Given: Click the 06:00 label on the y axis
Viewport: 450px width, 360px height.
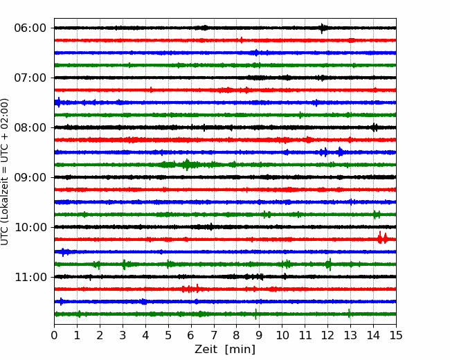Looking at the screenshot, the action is [30, 28].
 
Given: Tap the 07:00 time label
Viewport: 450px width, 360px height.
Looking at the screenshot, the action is [30, 78].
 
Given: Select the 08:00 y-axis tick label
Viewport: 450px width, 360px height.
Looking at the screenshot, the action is [30, 127].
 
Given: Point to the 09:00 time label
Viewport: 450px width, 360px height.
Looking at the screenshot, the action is [30, 177].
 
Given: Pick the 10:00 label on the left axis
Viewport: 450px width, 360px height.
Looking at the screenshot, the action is [30, 227].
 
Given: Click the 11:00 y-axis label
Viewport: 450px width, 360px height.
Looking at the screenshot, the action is [30, 277].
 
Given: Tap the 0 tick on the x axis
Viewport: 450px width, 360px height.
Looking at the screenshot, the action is [54, 335].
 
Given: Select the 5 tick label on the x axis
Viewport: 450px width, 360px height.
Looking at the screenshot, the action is [168, 335].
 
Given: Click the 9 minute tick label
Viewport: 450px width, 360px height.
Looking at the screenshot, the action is [260, 335].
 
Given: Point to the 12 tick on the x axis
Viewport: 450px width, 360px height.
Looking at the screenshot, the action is [327, 335].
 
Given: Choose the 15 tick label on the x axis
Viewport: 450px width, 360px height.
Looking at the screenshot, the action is [396, 335].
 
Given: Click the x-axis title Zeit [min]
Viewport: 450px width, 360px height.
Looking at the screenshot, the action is [225, 350].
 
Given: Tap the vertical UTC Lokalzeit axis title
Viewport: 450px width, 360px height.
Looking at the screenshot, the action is [5, 172].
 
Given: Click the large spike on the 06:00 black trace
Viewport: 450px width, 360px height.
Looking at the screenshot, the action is [323, 28].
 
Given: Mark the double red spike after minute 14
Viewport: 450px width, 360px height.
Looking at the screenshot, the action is [382, 238].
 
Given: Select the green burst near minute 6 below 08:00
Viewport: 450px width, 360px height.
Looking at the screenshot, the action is [187, 165].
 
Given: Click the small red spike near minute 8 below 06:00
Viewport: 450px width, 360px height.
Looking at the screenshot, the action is [242, 40].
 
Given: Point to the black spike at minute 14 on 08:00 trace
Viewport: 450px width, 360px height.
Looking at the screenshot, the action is [375, 127].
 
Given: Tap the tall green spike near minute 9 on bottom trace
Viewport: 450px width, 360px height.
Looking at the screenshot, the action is [255, 314].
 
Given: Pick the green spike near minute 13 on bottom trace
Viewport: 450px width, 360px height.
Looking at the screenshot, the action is [349, 313].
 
